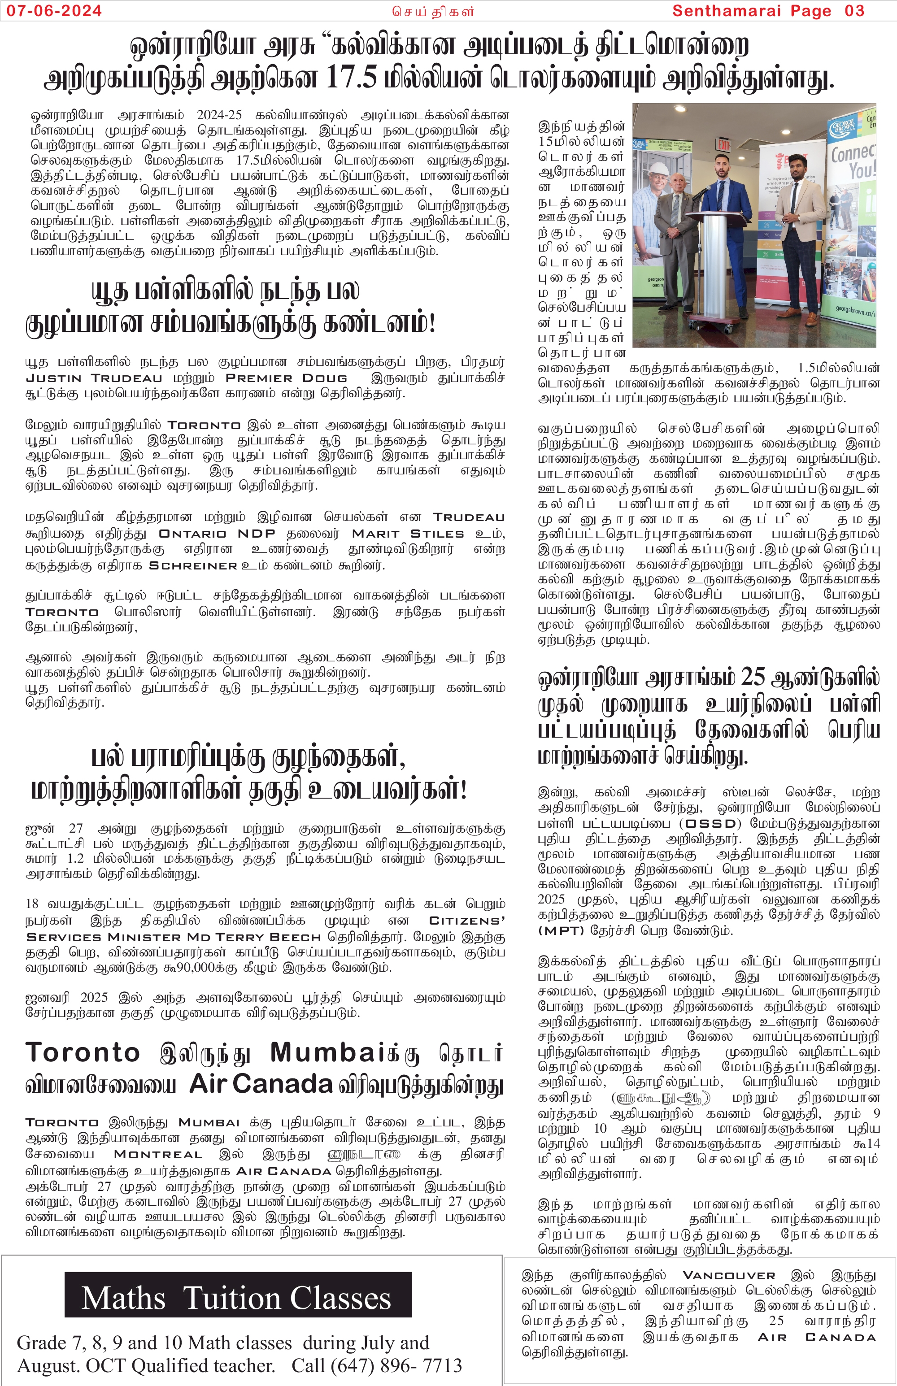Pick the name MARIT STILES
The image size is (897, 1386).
pyautogui.click(x=408, y=534)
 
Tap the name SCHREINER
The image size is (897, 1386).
pyautogui.click(x=193, y=566)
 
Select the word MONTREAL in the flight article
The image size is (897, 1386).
pyautogui.click(x=158, y=1155)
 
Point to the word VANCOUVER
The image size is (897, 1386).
pyautogui.click(x=729, y=1275)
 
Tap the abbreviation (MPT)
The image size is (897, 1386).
pyautogui.click(x=561, y=930)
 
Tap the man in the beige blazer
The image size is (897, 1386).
pyautogui.click(x=806, y=222)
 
